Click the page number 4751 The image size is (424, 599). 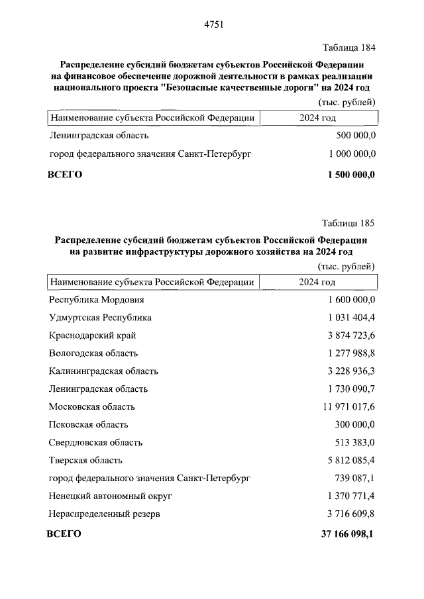212,24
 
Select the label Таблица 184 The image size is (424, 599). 348,48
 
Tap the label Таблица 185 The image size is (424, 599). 348,222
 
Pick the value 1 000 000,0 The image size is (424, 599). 352,154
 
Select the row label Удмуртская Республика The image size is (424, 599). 100,318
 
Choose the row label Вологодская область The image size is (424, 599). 93,353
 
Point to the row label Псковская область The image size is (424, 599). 89,424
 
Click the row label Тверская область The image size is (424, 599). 86,460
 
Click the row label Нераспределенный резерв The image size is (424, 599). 105,514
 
